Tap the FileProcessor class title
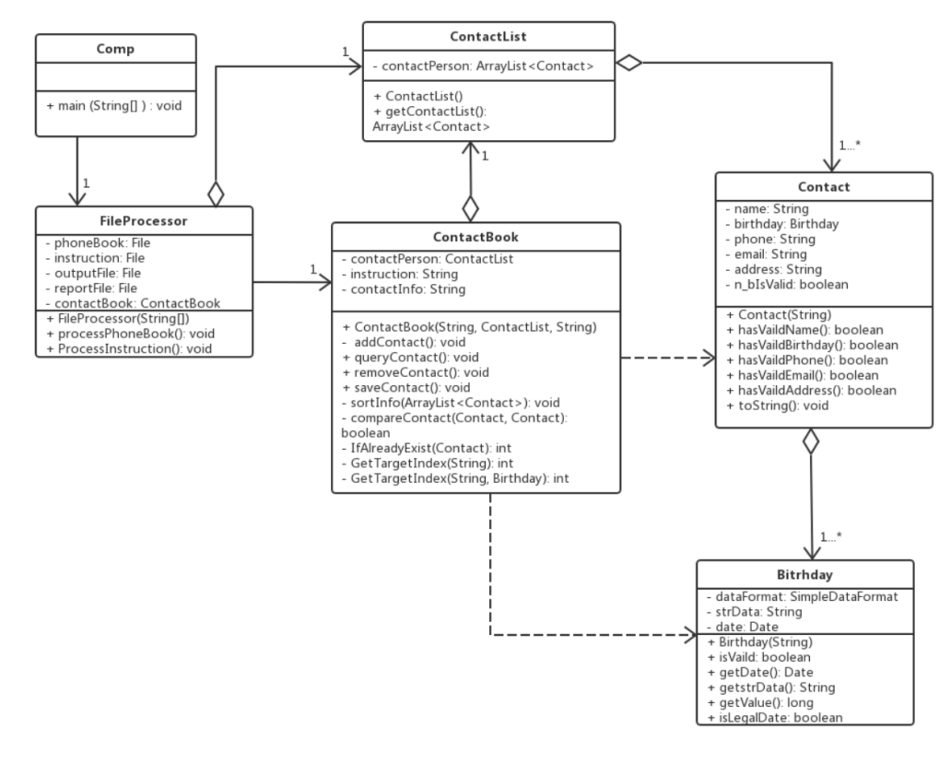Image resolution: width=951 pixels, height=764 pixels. click(x=143, y=221)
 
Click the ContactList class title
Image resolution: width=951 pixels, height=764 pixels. click(x=487, y=36)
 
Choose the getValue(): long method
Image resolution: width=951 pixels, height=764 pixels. click(x=763, y=702)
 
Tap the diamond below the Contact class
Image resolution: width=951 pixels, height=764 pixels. click(x=810, y=441)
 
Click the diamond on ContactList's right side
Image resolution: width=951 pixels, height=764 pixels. click(x=628, y=62)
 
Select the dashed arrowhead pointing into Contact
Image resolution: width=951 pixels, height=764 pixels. click(x=707, y=358)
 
